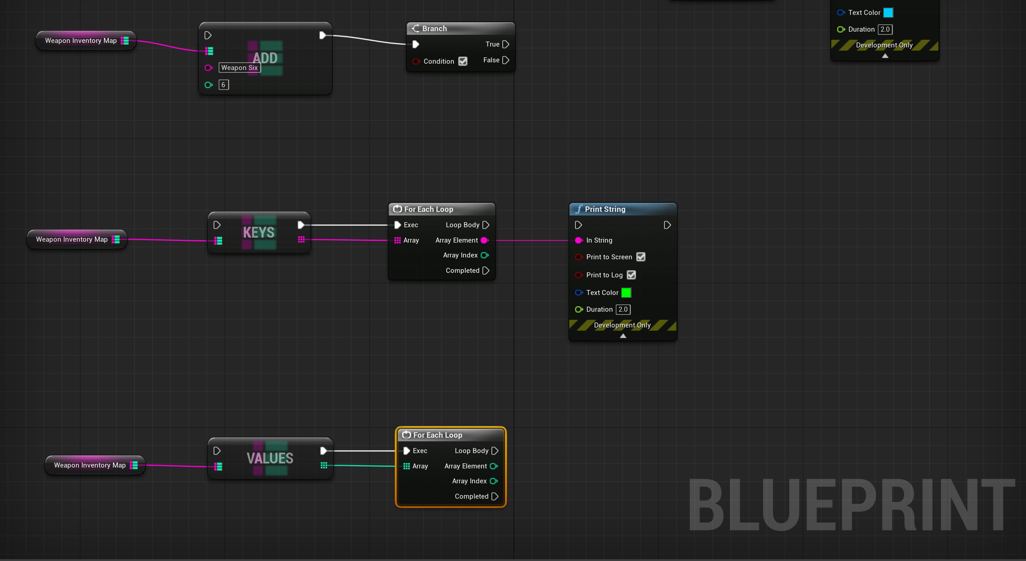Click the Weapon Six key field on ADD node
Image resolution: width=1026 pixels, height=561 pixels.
239,68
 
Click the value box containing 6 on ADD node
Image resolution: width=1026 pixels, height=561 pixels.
224,85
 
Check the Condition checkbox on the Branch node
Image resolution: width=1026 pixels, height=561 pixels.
463,61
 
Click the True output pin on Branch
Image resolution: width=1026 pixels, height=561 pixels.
506,44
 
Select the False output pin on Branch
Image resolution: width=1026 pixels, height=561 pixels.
506,60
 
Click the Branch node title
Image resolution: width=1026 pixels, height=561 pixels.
434,28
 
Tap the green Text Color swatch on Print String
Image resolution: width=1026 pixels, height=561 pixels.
626,293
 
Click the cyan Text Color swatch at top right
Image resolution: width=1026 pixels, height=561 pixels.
888,13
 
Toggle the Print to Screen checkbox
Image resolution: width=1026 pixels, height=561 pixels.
641,257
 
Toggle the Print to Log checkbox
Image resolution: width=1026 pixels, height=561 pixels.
631,275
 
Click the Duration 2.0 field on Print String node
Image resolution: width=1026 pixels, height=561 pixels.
623,309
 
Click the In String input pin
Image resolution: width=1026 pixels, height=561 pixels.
579,240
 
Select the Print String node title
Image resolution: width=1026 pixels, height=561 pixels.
605,209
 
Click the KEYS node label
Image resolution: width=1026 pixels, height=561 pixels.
259,232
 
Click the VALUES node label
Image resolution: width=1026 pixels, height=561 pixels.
270,458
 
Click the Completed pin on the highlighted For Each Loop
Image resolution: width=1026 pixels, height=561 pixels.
495,496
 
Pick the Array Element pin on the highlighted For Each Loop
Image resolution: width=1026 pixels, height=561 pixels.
493,466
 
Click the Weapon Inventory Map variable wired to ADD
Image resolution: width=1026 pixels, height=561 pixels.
81,41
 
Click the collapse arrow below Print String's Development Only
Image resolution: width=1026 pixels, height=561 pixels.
623,336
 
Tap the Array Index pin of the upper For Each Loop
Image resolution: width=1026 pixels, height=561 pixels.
484,255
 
